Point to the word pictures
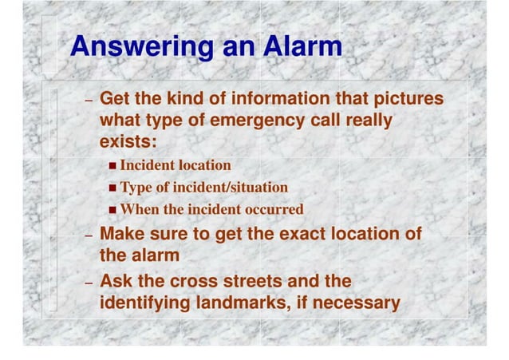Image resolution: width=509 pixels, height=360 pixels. point(406,100)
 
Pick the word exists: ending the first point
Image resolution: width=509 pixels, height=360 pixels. point(128,142)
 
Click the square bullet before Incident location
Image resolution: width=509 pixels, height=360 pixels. point(112,166)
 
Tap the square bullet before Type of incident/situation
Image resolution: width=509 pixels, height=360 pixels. point(112,188)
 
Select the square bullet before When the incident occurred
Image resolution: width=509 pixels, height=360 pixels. point(112,211)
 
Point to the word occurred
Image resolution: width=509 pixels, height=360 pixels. point(274,210)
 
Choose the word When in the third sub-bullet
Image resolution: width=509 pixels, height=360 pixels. point(137,210)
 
